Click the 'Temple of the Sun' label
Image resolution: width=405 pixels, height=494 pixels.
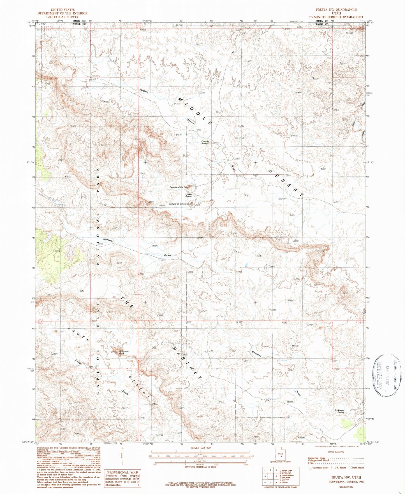click(x=178, y=187)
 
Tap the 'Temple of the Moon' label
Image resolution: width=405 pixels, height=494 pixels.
click(x=179, y=204)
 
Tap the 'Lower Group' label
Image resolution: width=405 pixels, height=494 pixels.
click(x=189, y=195)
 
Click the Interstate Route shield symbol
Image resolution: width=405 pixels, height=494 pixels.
click(x=310, y=468)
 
